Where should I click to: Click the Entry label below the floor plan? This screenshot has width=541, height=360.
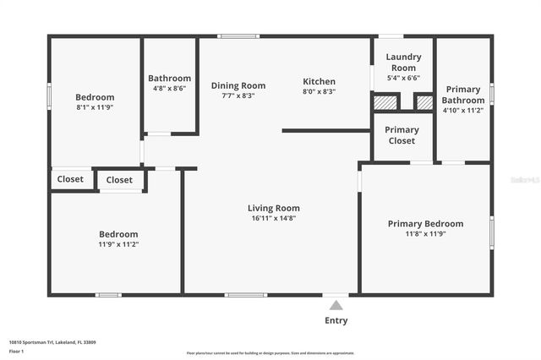[x=336, y=320]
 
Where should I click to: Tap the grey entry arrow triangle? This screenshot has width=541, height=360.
[x=336, y=305]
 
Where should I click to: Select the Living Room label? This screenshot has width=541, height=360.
[x=273, y=208]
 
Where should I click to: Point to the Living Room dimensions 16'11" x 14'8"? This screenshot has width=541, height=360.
[x=273, y=218]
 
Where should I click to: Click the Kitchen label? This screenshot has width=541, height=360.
[x=319, y=82]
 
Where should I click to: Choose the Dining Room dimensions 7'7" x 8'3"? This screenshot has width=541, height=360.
[x=238, y=95]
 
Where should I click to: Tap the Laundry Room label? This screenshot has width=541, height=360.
[x=403, y=62]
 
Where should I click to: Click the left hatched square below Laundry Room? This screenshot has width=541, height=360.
[x=385, y=102]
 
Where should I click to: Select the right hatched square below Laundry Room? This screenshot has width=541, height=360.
[x=424, y=102]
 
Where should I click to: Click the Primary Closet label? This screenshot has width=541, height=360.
[x=402, y=135]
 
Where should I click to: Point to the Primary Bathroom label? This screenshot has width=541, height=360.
[x=462, y=95]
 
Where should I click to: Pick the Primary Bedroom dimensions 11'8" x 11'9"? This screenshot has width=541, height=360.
[x=425, y=234]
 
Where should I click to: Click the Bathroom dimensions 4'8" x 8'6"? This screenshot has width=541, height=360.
[x=169, y=88]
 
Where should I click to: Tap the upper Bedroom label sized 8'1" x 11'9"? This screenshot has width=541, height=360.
[x=95, y=97]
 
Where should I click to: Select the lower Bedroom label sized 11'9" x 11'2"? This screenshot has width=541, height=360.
[x=118, y=234]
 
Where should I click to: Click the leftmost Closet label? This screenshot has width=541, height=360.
[x=70, y=179]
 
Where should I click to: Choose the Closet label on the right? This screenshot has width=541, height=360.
[x=119, y=180]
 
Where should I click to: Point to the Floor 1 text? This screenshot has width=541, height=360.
[x=16, y=350]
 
